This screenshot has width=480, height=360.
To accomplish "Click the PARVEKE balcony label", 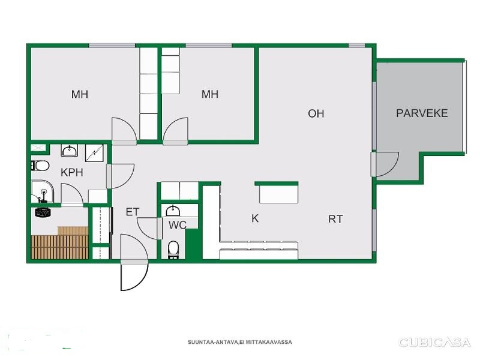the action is click(422, 113).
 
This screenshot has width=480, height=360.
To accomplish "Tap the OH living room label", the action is click(316, 113).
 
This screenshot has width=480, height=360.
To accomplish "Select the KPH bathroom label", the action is click(72, 172).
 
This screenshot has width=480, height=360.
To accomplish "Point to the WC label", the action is click(178, 225).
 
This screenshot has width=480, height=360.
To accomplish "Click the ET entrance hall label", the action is click(133, 212).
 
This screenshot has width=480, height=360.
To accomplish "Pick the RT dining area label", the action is click(335, 219).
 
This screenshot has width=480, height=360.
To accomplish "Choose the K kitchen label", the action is click(255, 218).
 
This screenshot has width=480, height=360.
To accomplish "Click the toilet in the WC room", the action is click(173, 250).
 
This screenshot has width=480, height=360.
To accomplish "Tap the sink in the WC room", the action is click(173, 211).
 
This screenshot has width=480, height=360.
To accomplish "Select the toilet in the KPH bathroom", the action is click(40, 166).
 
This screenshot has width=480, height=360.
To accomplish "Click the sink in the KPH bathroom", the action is click(70, 151).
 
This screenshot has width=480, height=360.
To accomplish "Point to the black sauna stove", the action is click(43, 212).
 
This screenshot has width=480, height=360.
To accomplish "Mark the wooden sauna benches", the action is click(59, 243).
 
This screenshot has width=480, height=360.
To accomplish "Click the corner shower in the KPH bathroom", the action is click(43, 191).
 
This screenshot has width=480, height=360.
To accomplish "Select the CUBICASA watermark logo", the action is click(434, 342).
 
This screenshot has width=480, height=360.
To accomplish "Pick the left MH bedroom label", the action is click(80, 94).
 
